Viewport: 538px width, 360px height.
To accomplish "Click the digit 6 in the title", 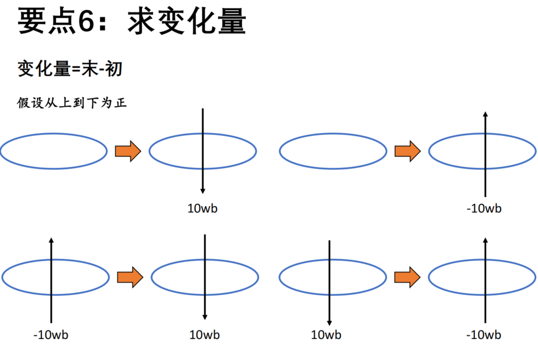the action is pyautogui.click(x=86, y=21).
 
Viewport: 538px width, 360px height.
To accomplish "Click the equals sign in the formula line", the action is pyautogui.click(x=76, y=70).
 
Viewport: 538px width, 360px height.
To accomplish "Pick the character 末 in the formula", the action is pyautogui.click(x=90, y=69).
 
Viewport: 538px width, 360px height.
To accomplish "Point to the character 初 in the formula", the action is pyautogui.click(x=114, y=69).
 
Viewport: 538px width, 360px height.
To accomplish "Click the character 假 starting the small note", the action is pyautogui.click(x=23, y=103).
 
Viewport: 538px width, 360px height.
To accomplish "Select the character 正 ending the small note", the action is pyautogui.click(x=120, y=103).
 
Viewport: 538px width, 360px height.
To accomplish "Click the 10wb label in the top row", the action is pyautogui.click(x=202, y=208).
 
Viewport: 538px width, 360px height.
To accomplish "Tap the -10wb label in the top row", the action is pyautogui.click(x=484, y=208).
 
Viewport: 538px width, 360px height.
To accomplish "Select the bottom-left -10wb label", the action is pyautogui.click(x=51, y=334).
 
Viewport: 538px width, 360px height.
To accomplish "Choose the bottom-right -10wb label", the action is pyautogui.click(x=483, y=334).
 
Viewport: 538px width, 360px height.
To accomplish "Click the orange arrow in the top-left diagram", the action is pyautogui.click(x=128, y=151).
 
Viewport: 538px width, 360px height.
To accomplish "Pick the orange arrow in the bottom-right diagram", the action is pyautogui.click(x=407, y=277).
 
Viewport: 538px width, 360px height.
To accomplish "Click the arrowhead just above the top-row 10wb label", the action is pyautogui.click(x=203, y=191).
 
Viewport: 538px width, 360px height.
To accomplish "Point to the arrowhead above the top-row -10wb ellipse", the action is pyautogui.click(x=485, y=114).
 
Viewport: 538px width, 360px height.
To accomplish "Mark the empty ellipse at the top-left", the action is pyautogui.click(x=54, y=133).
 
